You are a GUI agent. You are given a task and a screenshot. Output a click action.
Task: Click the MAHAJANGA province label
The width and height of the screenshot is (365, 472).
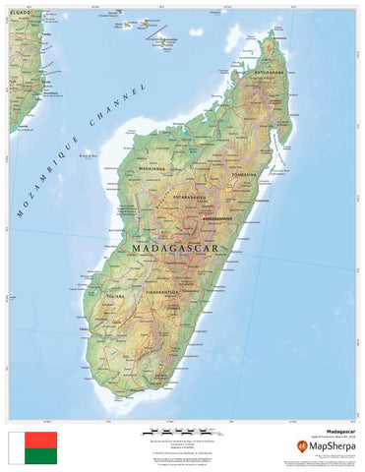(x=154, y=168)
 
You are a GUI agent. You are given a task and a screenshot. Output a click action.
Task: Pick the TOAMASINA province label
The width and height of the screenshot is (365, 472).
(x=244, y=174)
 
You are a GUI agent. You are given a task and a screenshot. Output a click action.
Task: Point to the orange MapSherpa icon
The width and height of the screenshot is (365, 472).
(x=301, y=445)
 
